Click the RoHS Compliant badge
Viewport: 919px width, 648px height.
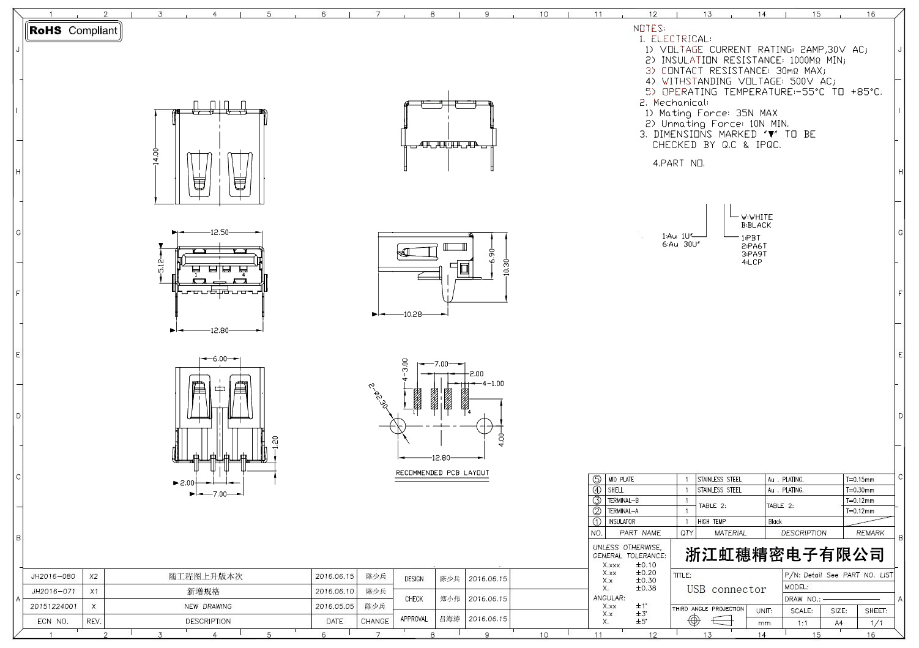pos(73,31)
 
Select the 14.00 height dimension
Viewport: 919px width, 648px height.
pos(156,156)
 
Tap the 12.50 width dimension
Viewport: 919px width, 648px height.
pos(219,233)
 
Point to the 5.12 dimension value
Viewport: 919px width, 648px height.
pos(161,265)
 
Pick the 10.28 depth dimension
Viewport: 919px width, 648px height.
pos(413,315)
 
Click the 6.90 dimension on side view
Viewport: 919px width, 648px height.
pos(492,256)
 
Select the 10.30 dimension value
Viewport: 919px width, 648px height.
pos(506,267)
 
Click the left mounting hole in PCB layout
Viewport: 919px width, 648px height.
pos(398,425)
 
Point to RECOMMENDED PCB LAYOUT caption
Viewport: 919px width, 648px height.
pos(442,473)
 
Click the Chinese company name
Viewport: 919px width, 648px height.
pos(784,555)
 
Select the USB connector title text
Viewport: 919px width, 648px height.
pos(726,590)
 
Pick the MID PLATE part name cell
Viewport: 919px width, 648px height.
pos(620,480)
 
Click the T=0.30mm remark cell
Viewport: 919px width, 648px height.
pos(860,490)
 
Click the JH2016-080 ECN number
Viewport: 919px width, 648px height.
pos(53,576)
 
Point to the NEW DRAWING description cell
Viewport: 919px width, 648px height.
pos(208,606)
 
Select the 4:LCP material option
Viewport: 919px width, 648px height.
pos(751,263)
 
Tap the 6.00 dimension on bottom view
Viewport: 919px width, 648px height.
pos(219,359)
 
